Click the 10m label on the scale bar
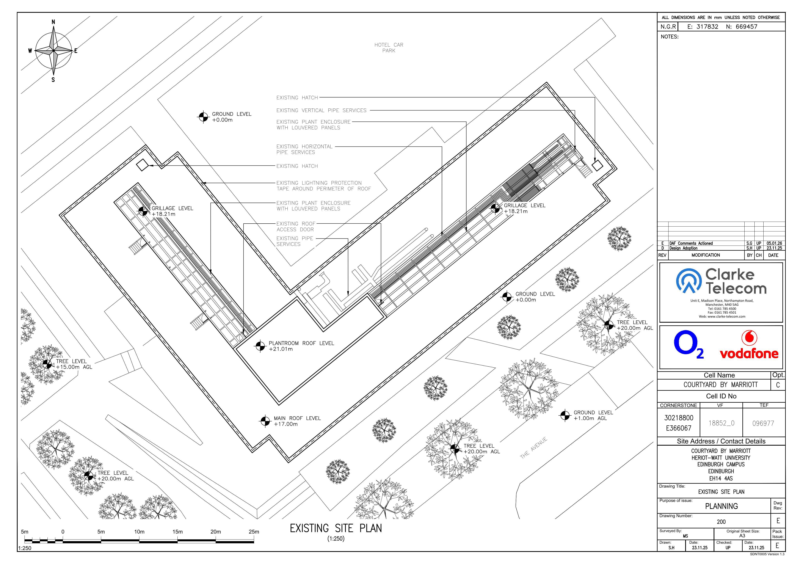coord(139,532)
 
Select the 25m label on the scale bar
coord(254,532)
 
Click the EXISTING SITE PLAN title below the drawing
coord(336,528)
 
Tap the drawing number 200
coord(721,522)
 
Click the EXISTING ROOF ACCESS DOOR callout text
coord(296,226)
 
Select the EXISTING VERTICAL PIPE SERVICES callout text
coord(321,110)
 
